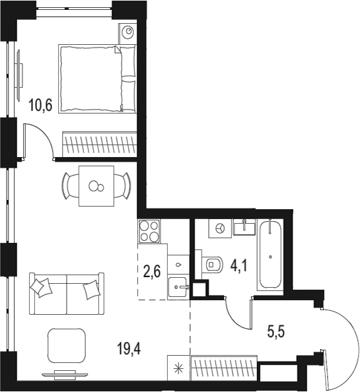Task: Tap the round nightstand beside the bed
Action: click(x=128, y=32)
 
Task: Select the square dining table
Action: click(x=96, y=186)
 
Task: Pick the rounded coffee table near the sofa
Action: click(x=67, y=344)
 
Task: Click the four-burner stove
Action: click(x=149, y=232)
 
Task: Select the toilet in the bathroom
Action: click(x=213, y=266)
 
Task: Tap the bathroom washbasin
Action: click(x=246, y=227)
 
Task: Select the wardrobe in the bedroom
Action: click(x=99, y=143)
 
